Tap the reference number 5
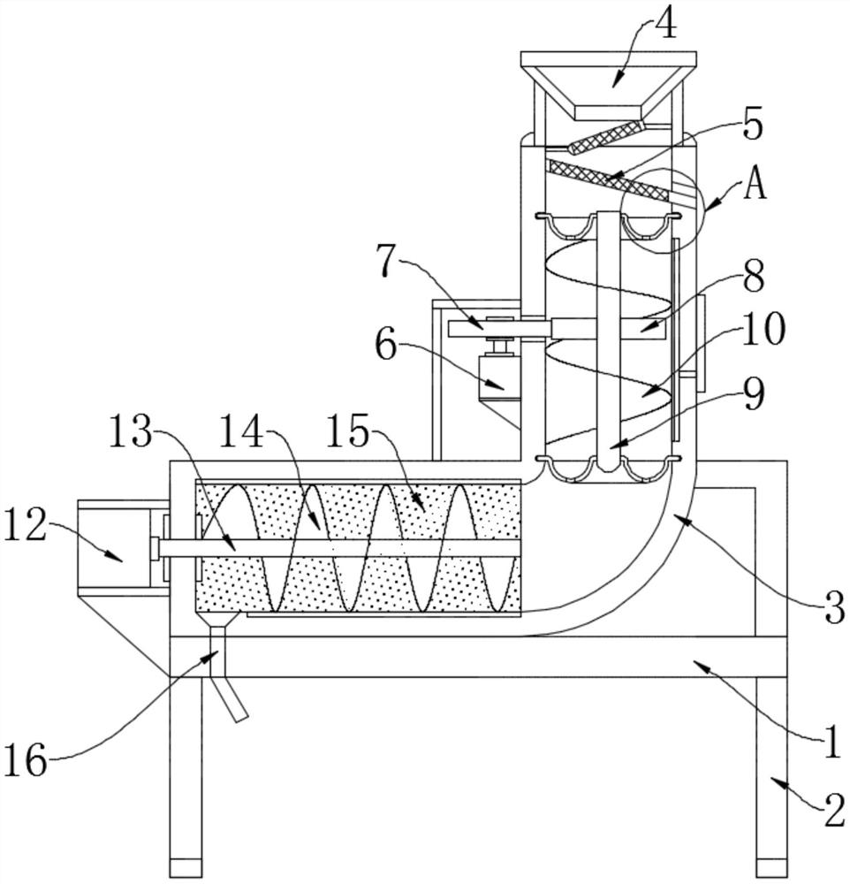click(x=752, y=126)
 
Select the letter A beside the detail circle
click(x=755, y=185)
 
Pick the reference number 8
click(x=753, y=277)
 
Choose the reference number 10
click(x=763, y=329)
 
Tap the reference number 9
click(x=753, y=394)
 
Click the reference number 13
click(x=130, y=431)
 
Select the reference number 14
click(x=241, y=431)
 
